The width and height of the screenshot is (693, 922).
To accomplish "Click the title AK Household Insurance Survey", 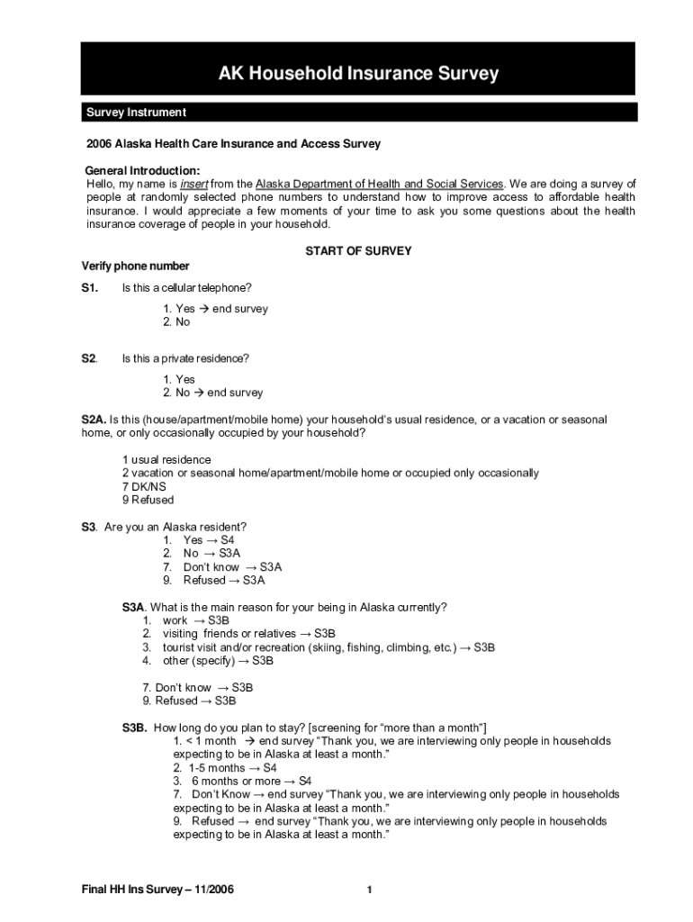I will pos(358,74).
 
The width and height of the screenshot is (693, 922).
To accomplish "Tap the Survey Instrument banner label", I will pos(136,113).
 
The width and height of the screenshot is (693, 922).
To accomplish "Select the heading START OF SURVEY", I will pos(358,251).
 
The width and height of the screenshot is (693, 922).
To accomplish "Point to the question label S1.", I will pos(89,287).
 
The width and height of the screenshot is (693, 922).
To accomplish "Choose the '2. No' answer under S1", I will pos(176,321).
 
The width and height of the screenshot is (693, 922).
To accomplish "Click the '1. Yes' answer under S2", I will pos(179,379).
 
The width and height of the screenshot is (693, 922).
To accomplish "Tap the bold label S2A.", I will pos(94,420).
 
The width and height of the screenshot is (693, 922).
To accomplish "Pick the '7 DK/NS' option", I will pos(144,486).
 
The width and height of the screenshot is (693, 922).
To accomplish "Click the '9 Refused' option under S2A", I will pos(148,500).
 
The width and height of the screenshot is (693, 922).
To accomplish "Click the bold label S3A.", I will pos(134,607).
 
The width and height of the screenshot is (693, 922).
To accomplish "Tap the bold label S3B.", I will pos(135,728).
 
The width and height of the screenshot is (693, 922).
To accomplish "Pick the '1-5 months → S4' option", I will pos(231,768).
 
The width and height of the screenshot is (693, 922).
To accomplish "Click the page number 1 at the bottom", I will pos(369,890).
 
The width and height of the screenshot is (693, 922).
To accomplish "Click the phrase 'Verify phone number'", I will pos(135,267).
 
